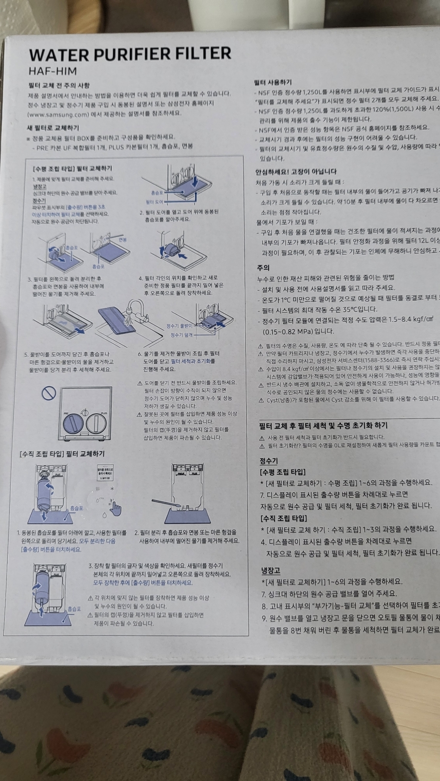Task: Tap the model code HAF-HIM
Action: coord(52,71)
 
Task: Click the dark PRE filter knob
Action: coord(72,423)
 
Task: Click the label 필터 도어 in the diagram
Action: coord(154,201)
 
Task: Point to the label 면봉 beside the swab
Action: coord(122,240)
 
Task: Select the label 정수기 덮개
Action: coord(181,335)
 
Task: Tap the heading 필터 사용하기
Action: coord(273,82)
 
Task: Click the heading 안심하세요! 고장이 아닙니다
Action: coord(296,171)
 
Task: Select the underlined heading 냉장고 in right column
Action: coord(270,570)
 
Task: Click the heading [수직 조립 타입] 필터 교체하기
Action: coord(62,454)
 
